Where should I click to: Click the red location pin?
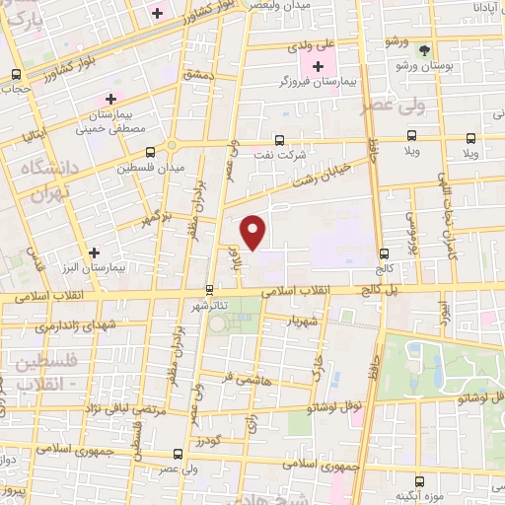(253, 232)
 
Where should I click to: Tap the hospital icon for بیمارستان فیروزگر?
(318, 65)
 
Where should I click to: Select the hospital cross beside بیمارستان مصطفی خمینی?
(110, 99)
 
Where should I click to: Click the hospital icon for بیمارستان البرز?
(94, 252)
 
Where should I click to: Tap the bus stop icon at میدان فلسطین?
(150, 152)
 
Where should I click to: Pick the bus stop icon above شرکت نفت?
(279, 139)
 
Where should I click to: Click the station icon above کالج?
(382, 252)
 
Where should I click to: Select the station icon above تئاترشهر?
(208, 290)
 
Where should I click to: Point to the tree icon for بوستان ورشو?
(424, 49)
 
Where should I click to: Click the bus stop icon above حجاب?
(16, 74)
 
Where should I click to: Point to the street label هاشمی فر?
(243, 377)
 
